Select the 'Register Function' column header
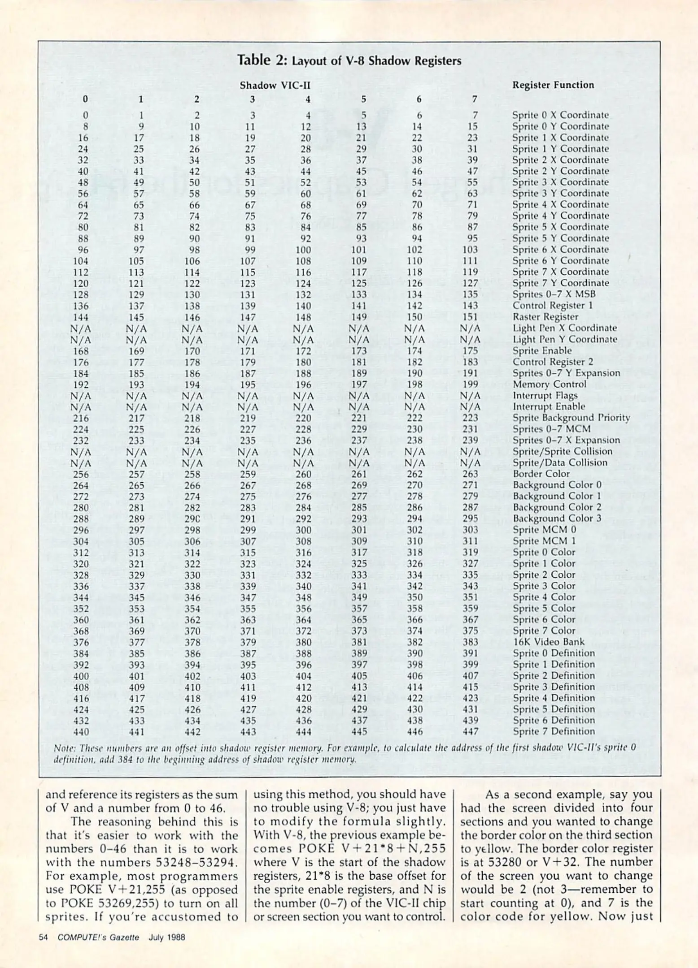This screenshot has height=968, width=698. [553, 85]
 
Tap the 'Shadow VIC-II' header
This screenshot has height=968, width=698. [275, 85]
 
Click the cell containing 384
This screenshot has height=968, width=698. [81, 653]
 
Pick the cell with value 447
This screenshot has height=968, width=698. [470, 732]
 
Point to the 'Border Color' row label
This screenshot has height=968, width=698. [541, 474]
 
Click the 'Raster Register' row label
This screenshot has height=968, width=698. [545, 317]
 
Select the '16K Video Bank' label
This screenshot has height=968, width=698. [549, 642]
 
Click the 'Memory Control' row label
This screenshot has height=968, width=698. [549, 384]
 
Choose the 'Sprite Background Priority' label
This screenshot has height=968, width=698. [571, 418]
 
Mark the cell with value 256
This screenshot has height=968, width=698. [81, 474]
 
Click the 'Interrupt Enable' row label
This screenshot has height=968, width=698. [549, 406]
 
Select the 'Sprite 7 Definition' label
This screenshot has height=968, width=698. [554, 731]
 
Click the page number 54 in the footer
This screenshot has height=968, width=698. [44, 937]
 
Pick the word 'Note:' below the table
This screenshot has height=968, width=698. [64, 748]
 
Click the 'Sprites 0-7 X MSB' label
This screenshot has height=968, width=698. [554, 294]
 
